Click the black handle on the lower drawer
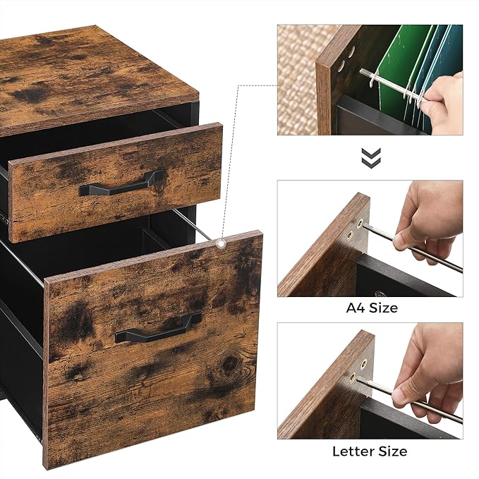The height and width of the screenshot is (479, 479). (158, 328)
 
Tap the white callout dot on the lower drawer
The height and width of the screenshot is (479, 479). (222, 244)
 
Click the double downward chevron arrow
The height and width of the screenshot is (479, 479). (371, 157)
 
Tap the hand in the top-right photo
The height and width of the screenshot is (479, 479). (444, 99)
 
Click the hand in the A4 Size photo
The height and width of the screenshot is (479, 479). (427, 219)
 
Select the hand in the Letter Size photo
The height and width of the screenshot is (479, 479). (427, 367)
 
